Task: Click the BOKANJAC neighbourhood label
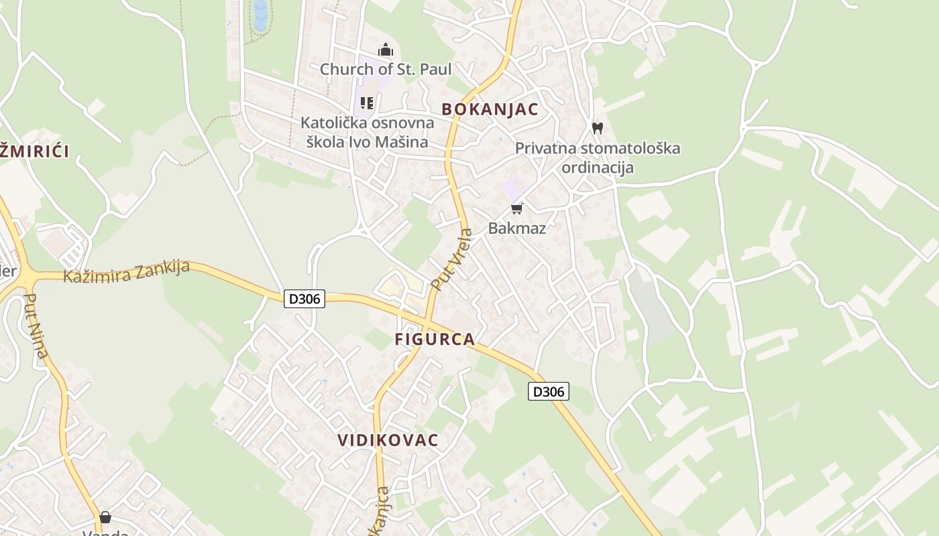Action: click(x=490, y=109)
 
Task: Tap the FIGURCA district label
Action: click(x=435, y=339)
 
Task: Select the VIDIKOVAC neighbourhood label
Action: click(x=388, y=440)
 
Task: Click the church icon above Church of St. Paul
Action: click(x=386, y=50)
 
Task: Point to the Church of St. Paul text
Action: click(x=386, y=69)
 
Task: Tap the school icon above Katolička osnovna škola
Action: click(x=367, y=103)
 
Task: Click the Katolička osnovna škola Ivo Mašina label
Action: click(x=367, y=132)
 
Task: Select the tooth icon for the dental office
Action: click(x=598, y=128)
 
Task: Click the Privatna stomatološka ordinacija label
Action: click(x=598, y=157)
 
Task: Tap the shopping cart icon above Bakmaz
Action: click(x=516, y=209)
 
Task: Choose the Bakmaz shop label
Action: click(x=516, y=228)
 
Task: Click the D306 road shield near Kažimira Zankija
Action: click(x=305, y=299)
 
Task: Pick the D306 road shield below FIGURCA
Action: click(x=549, y=391)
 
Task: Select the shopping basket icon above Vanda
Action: click(x=105, y=517)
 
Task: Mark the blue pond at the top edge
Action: click(x=260, y=15)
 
